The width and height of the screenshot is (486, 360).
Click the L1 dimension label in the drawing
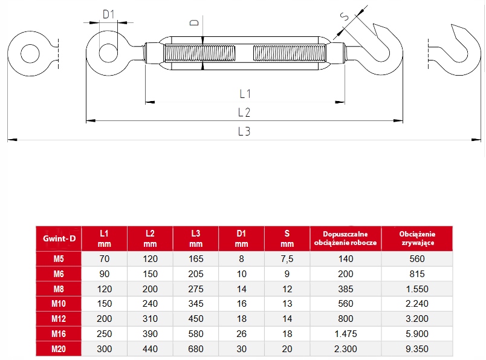pos(245,94)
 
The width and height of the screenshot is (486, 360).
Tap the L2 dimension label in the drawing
pos(244,113)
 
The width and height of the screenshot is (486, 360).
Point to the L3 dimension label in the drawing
pos(244,131)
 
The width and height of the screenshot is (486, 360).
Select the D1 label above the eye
pos(108,15)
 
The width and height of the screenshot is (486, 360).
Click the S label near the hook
pos(345,16)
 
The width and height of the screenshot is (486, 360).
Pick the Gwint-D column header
pos(59,238)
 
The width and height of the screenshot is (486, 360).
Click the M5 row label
pos(59,259)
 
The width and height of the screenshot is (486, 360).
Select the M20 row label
pos(59,349)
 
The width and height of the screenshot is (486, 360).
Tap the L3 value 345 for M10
pos(196,304)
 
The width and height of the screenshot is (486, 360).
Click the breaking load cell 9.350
pos(417,349)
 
